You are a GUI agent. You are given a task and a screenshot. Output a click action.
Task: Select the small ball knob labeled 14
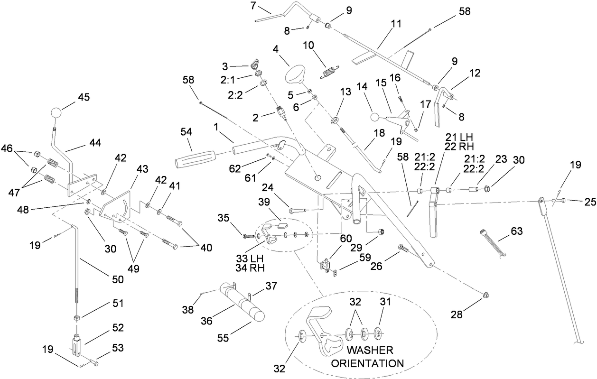coord(374,117)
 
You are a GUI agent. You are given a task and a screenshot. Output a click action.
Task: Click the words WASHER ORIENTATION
coord(370,357)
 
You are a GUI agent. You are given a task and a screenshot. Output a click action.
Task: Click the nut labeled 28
coord(485,295)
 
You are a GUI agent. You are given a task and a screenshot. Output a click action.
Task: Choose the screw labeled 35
coord(248,235)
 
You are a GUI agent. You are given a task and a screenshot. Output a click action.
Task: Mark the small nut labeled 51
coord(76,317)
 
